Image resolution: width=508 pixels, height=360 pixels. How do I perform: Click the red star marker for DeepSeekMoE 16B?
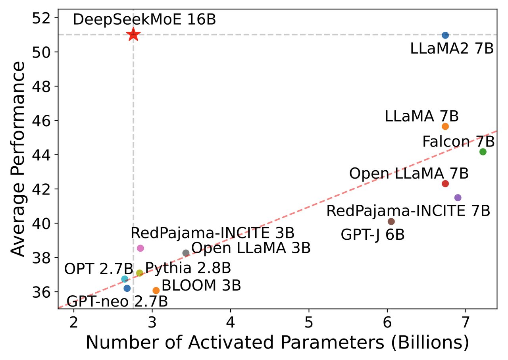pos(133,35)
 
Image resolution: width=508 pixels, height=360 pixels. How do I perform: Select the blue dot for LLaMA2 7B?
pos(445,35)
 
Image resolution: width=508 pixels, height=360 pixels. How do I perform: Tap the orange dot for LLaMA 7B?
pos(445,126)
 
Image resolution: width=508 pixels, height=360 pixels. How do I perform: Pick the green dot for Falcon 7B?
pos(483,152)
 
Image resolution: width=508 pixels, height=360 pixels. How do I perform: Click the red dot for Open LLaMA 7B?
pos(445,183)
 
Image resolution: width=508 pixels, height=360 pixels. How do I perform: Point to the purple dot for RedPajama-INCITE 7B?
pos(458,198)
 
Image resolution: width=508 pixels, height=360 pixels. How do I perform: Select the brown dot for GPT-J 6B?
pos(391,221)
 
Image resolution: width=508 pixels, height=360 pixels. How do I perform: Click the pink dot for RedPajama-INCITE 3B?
pos(140,248)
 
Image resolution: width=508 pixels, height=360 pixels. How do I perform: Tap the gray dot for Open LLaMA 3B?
pos(186,253)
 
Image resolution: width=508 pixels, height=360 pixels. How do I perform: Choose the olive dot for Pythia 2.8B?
pos(139,273)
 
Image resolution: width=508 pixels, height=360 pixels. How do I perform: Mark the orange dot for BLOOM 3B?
pos(156,291)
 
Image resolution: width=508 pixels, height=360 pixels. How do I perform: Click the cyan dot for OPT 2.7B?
pos(125,279)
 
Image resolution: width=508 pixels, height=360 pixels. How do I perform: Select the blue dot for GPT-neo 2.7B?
pos(127,288)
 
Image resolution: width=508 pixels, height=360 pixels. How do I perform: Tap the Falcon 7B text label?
pos(458,141)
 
